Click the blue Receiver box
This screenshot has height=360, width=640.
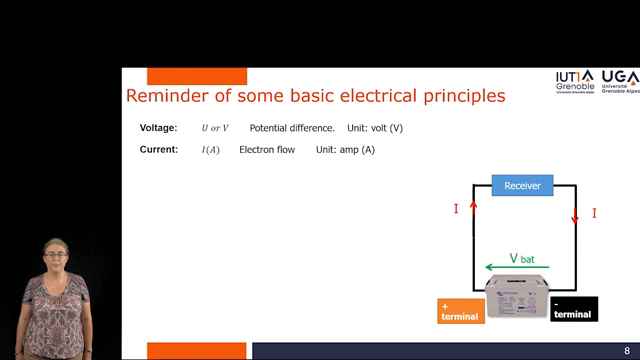click(x=522, y=186)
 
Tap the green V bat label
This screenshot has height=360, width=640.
click(x=522, y=258)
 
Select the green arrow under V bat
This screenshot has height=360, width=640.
click(x=510, y=268)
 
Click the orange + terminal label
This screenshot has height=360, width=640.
click(x=460, y=310)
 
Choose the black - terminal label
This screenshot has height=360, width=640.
click(x=574, y=309)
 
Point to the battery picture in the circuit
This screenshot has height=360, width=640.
click(x=517, y=298)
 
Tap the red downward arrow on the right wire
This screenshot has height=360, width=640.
click(x=575, y=216)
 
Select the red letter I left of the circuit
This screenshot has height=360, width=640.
click(x=456, y=209)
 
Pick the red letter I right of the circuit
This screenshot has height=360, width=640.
click(x=594, y=213)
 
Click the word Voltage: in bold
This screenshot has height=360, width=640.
click(x=158, y=128)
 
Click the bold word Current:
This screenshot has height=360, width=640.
click(x=158, y=150)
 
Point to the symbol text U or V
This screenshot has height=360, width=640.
click(x=215, y=128)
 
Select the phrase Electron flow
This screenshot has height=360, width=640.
click(x=267, y=150)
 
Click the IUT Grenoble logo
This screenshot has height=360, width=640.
click(x=574, y=81)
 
